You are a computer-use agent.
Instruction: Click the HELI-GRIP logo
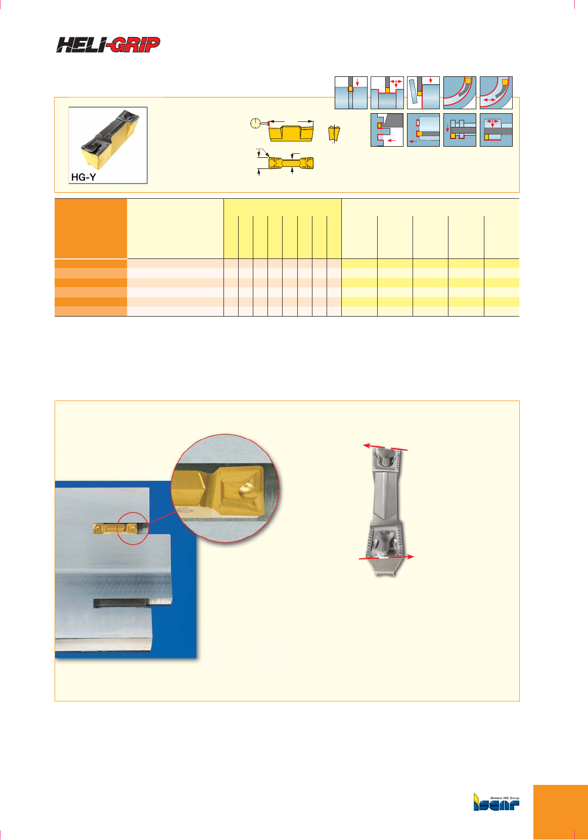click(x=108, y=45)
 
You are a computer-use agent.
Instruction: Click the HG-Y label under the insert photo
click(x=83, y=177)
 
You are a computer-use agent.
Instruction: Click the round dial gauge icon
click(x=255, y=123)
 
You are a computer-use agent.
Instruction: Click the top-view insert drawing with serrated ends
click(x=291, y=163)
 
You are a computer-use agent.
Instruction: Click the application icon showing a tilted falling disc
click(x=423, y=93)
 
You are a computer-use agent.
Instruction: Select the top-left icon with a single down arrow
click(x=351, y=93)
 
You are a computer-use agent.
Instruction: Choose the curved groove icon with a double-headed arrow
click(x=496, y=93)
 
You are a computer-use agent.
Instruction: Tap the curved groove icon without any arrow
click(x=460, y=93)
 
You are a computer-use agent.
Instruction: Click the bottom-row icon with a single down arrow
click(x=460, y=130)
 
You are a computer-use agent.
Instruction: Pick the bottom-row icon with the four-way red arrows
click(x=496, y=130)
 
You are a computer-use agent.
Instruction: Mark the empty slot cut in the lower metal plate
click(x=121, y=603)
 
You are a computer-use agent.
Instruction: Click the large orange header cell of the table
click(x=91, y=229)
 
